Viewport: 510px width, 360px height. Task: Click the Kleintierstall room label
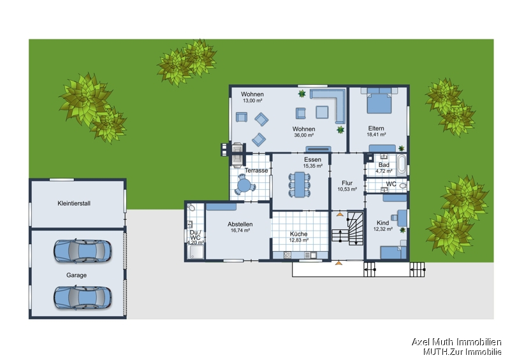click(x=74, y=204)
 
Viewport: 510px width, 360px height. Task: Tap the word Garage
click(x=76, y=275)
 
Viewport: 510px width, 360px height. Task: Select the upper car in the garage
click(x=83, y=251)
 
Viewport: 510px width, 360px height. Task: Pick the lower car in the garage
click(x=83, y=298)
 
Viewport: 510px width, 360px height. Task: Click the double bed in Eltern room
click(x=379, y=100)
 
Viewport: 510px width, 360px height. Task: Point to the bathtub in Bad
click(x=402, y=165)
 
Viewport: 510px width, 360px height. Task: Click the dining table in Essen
click(x=300, y=185)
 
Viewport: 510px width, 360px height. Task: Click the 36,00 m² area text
click(x=304, y=135)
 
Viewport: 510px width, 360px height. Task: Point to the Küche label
click(x=298, y=234)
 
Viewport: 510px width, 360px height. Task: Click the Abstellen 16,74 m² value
click(x=240, y=231)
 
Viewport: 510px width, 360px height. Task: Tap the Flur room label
click(x=347, y=183)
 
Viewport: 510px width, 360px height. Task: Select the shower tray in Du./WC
click(x=196, y=252)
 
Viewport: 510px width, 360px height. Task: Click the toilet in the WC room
click(x=403, y=186)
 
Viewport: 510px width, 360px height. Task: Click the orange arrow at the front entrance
click(x=339, y=263)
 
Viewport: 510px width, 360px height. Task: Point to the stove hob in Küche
click(x=288, y=256)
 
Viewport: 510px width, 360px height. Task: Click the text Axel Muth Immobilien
click(x=456, y=342)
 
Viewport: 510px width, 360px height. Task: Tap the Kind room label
click(x=383, y=223)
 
